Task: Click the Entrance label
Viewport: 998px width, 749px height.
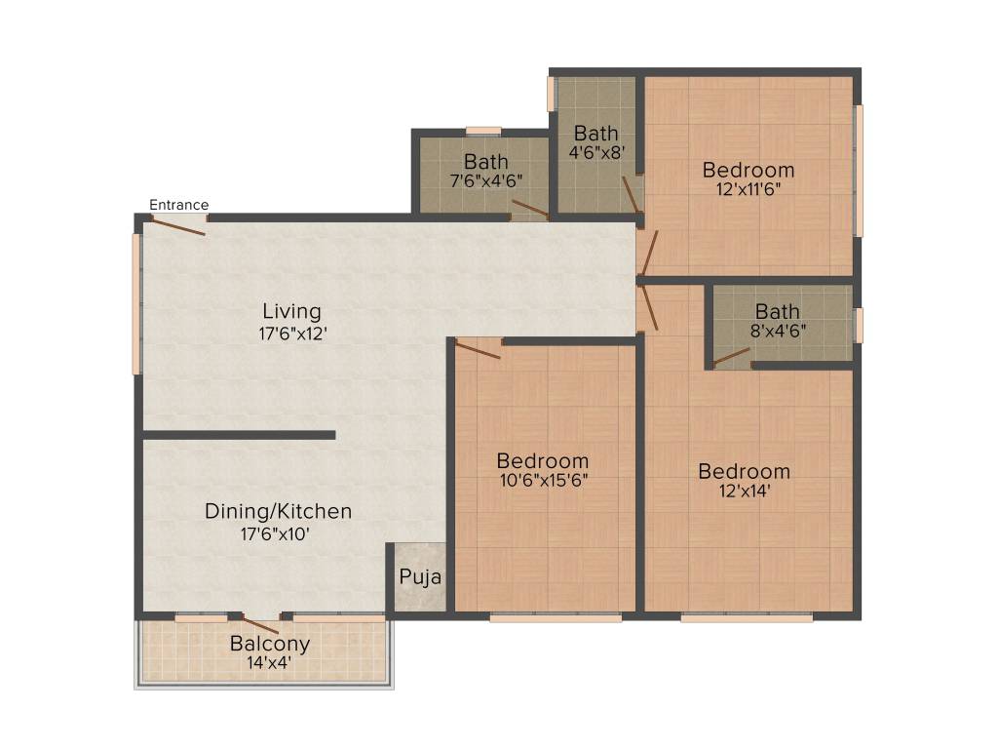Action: click(x=178, y=205)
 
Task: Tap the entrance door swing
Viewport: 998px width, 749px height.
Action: click(x=176, y=226)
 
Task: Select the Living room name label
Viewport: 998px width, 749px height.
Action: click(x=291, y=312)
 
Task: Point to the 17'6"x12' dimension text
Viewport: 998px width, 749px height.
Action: click(x=291, y=333)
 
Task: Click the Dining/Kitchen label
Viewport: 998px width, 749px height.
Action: click(x=278, y=511)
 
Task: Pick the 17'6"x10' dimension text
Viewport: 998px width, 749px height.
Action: click(x=278, y=533)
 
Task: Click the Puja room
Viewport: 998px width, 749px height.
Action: click(x=420, y=577)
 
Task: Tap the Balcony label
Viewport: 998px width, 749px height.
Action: click(x=270, y=644)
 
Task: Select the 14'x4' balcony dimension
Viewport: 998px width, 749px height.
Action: click(x=270, y=663)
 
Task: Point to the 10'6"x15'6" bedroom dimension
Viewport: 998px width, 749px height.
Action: click(x=542, y=480)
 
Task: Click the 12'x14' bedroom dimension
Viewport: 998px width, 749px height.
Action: click(x=744, y=492)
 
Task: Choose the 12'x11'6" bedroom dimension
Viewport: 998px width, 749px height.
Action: click(x=748, y=190)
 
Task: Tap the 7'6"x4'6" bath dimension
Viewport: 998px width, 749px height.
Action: click(x=485, y=179)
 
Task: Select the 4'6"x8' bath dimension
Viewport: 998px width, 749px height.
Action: click(x=595, y=152)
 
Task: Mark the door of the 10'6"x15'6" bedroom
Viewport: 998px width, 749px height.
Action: click(x=479, y=348)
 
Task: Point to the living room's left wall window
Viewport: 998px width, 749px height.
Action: click(x=137, y=302)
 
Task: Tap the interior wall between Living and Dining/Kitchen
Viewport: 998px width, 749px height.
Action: click(x=239, y=435)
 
